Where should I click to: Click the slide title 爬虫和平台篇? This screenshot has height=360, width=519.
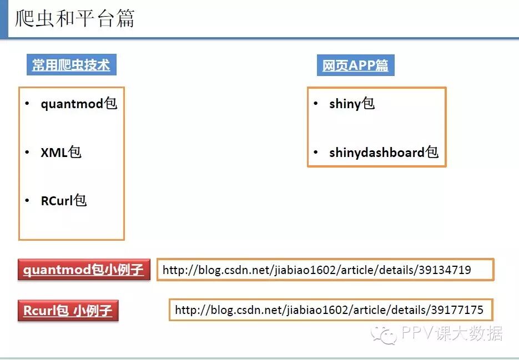74,19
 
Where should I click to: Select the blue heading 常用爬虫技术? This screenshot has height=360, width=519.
71,65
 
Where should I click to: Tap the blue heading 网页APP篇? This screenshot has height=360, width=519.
355,65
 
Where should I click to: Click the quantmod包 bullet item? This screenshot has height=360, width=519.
79,104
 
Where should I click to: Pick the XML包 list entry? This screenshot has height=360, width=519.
61,153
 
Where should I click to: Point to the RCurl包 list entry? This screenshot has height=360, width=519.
64,201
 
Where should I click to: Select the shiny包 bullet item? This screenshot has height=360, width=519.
352,104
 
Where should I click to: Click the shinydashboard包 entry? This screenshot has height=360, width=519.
384,153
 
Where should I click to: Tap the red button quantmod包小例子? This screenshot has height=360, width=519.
84,270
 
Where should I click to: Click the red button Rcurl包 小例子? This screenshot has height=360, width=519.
68,311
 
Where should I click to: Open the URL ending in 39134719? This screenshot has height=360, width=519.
317,270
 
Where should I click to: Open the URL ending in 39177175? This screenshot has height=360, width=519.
329,310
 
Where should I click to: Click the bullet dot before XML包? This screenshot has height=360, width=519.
27,153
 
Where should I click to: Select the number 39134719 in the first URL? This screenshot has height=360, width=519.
445,270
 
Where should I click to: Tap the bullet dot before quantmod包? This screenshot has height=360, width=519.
27,104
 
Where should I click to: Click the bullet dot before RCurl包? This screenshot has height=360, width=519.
27,201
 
